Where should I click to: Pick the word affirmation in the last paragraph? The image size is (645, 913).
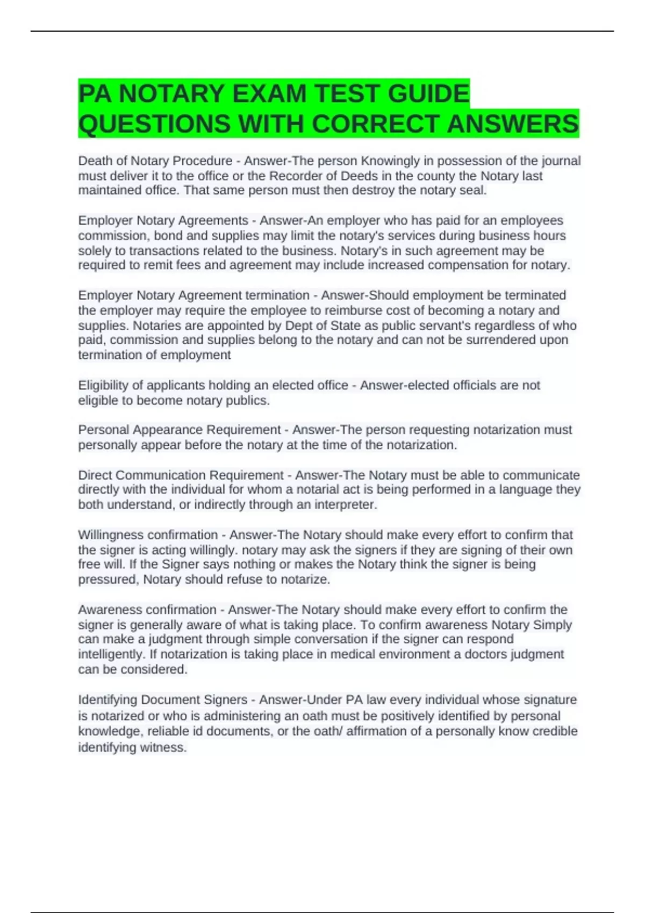pos(380,731)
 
